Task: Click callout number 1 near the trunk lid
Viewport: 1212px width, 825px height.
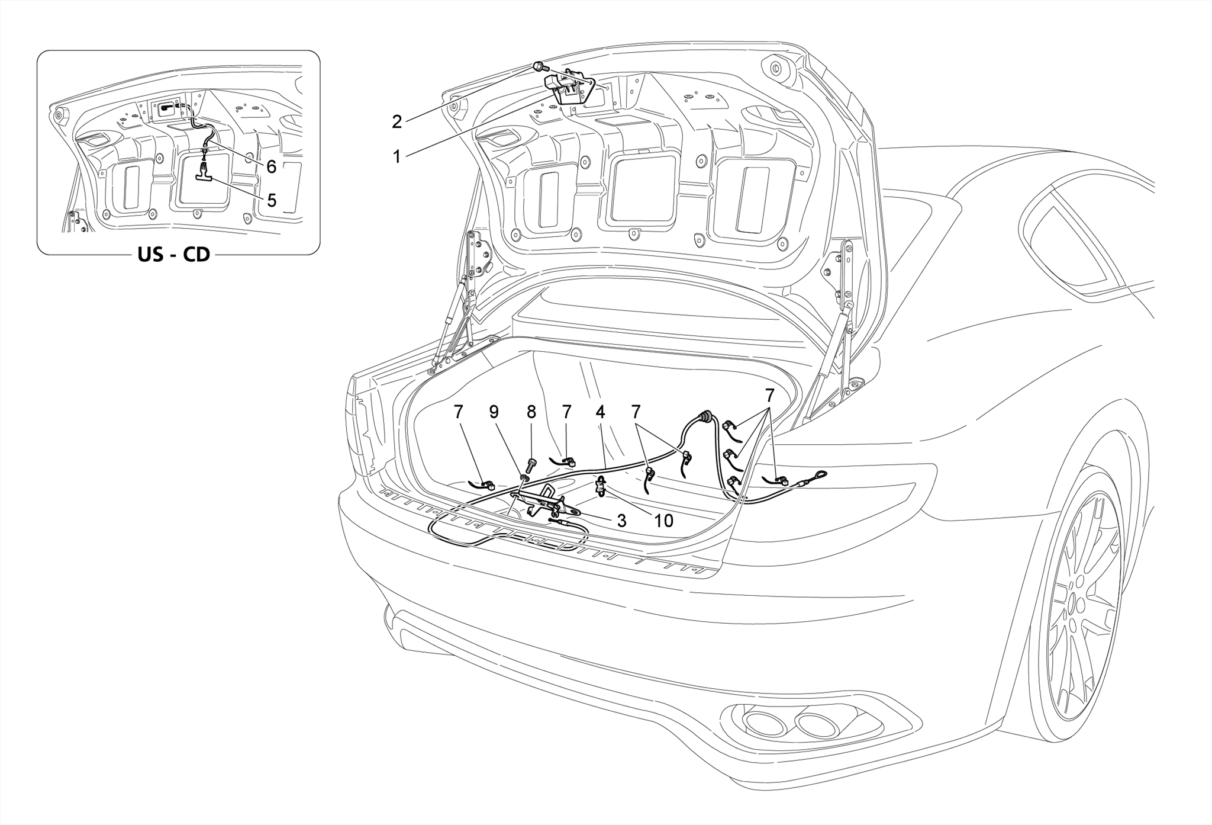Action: pos(397,157)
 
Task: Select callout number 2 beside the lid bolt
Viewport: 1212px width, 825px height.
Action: pos(397,121)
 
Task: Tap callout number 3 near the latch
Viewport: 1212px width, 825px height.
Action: pos(621,521)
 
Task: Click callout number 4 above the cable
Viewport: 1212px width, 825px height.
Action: pos(600,412)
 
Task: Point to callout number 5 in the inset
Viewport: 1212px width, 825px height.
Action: pos(272,200)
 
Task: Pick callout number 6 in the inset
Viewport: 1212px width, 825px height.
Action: pos(271,166)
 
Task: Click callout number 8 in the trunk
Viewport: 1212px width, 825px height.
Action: pos(531,412)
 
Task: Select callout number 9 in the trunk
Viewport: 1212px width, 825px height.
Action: pos(494,412)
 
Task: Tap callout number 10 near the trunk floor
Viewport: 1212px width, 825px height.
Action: pos(663,521)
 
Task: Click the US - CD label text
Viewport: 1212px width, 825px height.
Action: pos(173,255)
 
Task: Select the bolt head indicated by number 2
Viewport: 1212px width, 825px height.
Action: pos(539,66)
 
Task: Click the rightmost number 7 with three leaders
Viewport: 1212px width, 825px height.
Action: pos(769,395)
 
